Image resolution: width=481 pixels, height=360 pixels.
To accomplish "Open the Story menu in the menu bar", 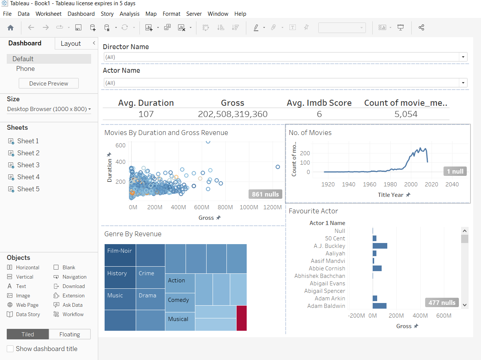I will tap(107, 14).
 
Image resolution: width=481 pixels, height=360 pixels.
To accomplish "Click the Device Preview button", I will tap(49, 83).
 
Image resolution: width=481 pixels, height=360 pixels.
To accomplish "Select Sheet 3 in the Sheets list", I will tap(28, 165).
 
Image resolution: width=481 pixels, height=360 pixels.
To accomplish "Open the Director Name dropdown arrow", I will tap(463, 57).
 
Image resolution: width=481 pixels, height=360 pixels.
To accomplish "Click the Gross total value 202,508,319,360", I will tap(232, 114).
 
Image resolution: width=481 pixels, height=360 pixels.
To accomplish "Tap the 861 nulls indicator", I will tap(265, 194).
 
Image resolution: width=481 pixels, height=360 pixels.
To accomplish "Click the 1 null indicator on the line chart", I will tap(455, 171).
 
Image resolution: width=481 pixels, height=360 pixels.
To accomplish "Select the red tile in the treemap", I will tap(241, 318).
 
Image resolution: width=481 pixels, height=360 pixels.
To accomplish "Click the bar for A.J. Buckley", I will tap(380, 246).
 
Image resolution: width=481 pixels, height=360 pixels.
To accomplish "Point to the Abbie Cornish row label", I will tap(327, 268).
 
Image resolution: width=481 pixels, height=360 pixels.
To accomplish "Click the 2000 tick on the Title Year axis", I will tap(411, 184).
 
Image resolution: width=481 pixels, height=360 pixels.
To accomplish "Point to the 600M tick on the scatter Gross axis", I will tap(202, 207).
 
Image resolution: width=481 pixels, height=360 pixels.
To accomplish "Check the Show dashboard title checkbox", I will tap(10, 349).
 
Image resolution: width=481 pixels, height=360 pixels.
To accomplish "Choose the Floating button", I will tap(70, 334).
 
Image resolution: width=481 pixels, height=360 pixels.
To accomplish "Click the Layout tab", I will tap(71, 43).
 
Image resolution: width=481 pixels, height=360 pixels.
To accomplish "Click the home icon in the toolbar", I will tap(10, 27).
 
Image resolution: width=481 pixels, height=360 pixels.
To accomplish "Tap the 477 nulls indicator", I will tap(442, 303).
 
